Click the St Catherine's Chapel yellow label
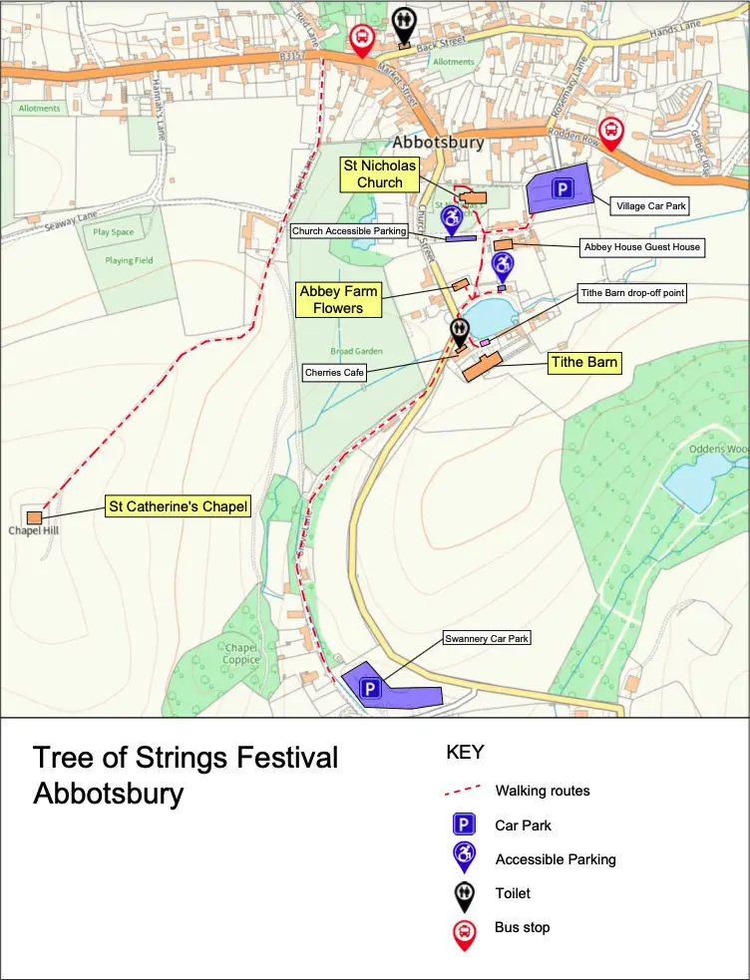(x=178, y=506)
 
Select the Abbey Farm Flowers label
(x=338, y=300)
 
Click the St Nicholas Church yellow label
(x=380, y=173)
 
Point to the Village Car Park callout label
(x=652, y=205)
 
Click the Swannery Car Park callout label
(x=488, y=638)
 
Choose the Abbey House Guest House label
(x=641, y=246)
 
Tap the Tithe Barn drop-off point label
(x=632, y=293)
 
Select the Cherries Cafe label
(x=335, y=373)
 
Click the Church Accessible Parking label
(x=349, y=231)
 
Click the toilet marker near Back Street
(x=403, y=21)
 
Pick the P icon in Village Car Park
(x=562, y=188)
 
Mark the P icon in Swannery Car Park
(x=370, y=688)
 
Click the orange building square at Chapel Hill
(x=35, y=517)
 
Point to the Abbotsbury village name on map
(x=438, y=142)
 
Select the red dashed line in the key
(x=464, y=792)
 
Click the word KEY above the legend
(x=464, y=753)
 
